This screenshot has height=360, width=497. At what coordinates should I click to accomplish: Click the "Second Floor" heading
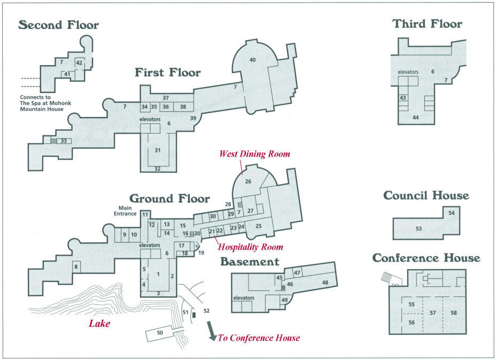click(59, 25)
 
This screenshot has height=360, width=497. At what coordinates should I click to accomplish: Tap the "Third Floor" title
click(428, 24)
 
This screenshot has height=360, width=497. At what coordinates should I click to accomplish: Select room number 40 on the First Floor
click(253, 59)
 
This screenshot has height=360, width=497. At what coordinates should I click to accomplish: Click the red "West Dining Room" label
click(254, 154)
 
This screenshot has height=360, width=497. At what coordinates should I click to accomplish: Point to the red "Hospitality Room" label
click(251, 247)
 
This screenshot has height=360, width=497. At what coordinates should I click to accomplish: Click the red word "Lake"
click(99, 324)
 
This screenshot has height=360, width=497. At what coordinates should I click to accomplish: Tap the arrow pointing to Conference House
click(212, 331)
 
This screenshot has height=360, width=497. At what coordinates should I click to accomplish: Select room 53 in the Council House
click(419, 229)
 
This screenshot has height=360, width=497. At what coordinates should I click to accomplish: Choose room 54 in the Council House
click(452, 213)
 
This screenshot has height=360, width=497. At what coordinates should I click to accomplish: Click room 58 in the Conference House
click(454, 313)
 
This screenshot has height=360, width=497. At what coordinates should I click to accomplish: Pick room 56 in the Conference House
click(411, 323)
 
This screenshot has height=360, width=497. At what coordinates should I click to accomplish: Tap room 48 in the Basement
click(325, 282)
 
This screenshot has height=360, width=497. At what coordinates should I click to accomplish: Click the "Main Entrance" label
click(125, 211)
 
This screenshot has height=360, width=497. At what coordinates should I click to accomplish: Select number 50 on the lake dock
click(160, 333)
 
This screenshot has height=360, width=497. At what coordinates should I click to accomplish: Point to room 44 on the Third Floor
click(416, 117)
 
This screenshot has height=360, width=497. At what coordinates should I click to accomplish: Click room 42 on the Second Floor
click(79, 63)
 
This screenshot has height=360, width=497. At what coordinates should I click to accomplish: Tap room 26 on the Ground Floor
click(248, 181)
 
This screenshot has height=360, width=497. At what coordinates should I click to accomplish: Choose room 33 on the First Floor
click(64, 141)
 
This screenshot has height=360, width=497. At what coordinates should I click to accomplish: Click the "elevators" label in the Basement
click(244, 298)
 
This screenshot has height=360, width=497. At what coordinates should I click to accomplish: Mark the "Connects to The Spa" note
click(45, 103)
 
